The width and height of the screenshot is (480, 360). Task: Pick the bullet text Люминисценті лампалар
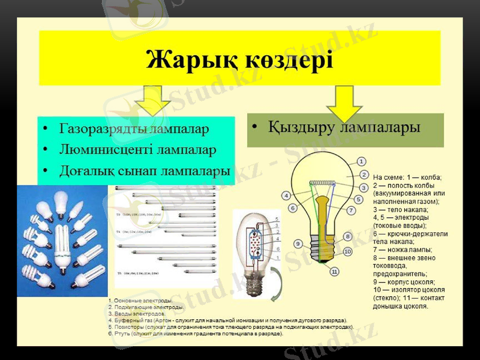(x=137, y=149)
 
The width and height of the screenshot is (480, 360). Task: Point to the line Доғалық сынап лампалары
(x=144, y=170)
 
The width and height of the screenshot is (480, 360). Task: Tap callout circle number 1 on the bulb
(x=361, y=161)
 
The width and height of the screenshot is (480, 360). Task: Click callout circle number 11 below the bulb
(x=335, y=272)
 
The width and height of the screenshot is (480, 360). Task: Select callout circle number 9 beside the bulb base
(x=298, y=244)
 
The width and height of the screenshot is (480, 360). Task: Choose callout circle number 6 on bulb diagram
(x=293, y=208)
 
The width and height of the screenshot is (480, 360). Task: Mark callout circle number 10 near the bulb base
(x=347, y=252)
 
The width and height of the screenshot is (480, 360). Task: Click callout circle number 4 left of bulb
(x=286, y=195)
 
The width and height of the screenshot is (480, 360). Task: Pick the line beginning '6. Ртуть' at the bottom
(x=196, y=333)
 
